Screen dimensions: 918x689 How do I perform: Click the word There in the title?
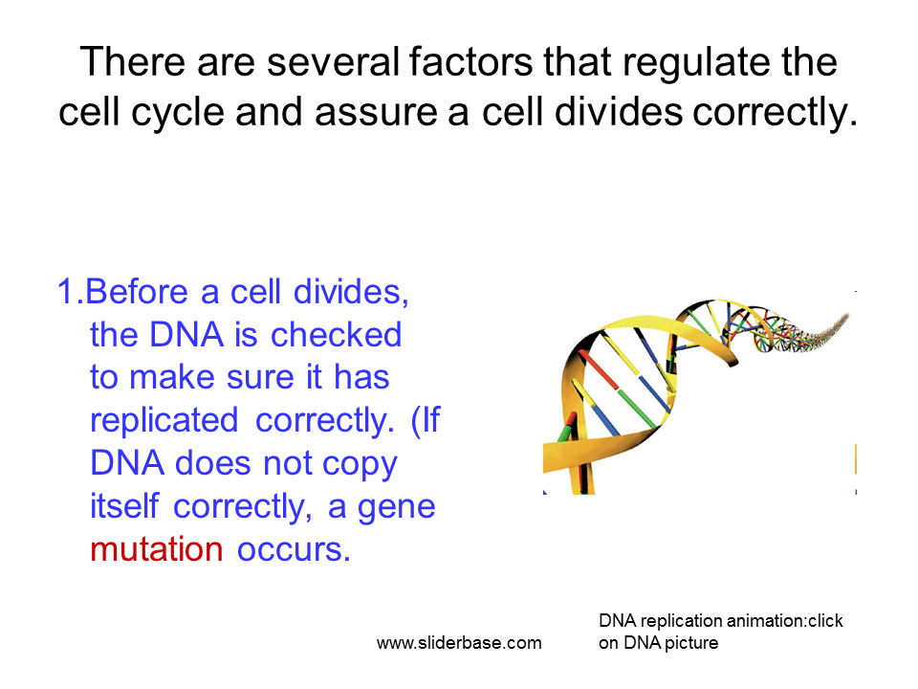point(133,61)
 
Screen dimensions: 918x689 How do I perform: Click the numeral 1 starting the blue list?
point(66,291)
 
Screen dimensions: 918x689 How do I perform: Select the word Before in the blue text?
point(137,291)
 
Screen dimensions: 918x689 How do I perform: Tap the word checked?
point(336,335)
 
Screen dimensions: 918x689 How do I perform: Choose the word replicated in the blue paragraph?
point(164,422)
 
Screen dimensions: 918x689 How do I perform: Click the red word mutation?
point(156,549)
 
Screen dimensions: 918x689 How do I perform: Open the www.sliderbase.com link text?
point(459,643)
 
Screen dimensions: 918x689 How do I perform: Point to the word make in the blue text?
point(171,377)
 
